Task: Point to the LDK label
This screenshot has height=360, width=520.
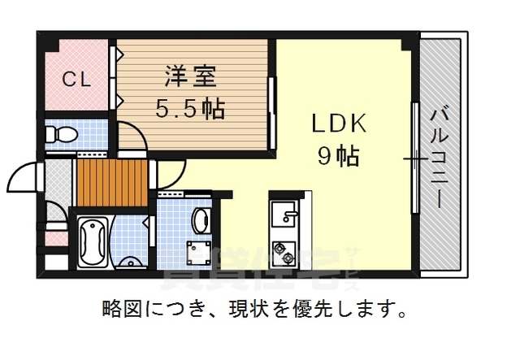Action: pyautogui.click(x=340, y=124)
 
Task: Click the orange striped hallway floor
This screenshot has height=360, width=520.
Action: pyautogui.click(x=111, y=183)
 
